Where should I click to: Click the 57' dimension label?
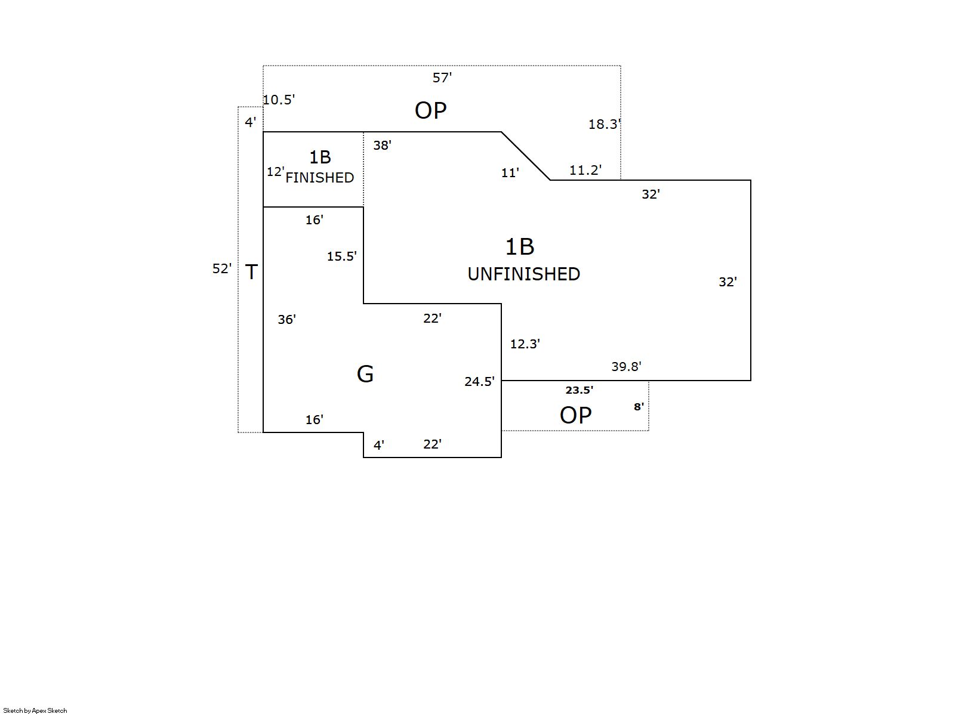click(442, 78)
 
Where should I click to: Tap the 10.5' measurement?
click(279, 100)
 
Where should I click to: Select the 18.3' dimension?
click(604, 124)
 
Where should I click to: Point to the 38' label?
click(382, 145)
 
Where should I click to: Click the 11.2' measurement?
click(585, 170)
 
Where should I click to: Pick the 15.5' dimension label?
click(341, 256)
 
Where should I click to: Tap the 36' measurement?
click(286, 320)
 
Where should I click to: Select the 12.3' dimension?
click(525, 344)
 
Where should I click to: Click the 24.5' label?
click(479, 382)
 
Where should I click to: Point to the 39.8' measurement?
click(625, 367)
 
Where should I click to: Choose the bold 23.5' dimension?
click(579, 390)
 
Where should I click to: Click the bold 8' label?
click(639, 407)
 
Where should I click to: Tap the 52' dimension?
click(221, 269)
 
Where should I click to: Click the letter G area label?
click(365, 374)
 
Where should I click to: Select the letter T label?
click(251, 272)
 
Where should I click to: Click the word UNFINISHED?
click(523, 274)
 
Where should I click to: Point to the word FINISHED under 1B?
click(319, 178)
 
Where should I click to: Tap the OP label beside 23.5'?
click(575, 415)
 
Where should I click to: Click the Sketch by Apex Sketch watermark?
click(35, 710)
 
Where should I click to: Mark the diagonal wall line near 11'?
click(526, 156)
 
